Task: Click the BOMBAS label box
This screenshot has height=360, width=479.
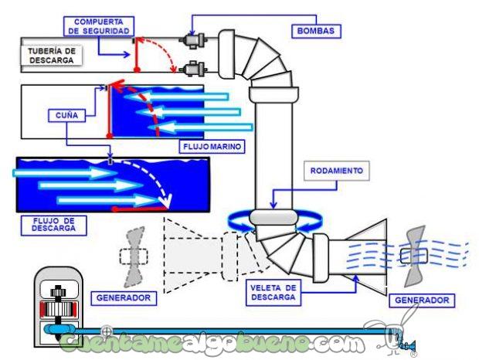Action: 318,31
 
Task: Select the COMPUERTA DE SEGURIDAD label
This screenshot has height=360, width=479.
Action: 98,25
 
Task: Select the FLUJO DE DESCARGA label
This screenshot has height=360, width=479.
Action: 52,224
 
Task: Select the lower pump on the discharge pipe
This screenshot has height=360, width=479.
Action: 189,69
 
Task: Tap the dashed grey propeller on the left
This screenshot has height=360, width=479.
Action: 134,255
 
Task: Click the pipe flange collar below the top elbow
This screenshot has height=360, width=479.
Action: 273,94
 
